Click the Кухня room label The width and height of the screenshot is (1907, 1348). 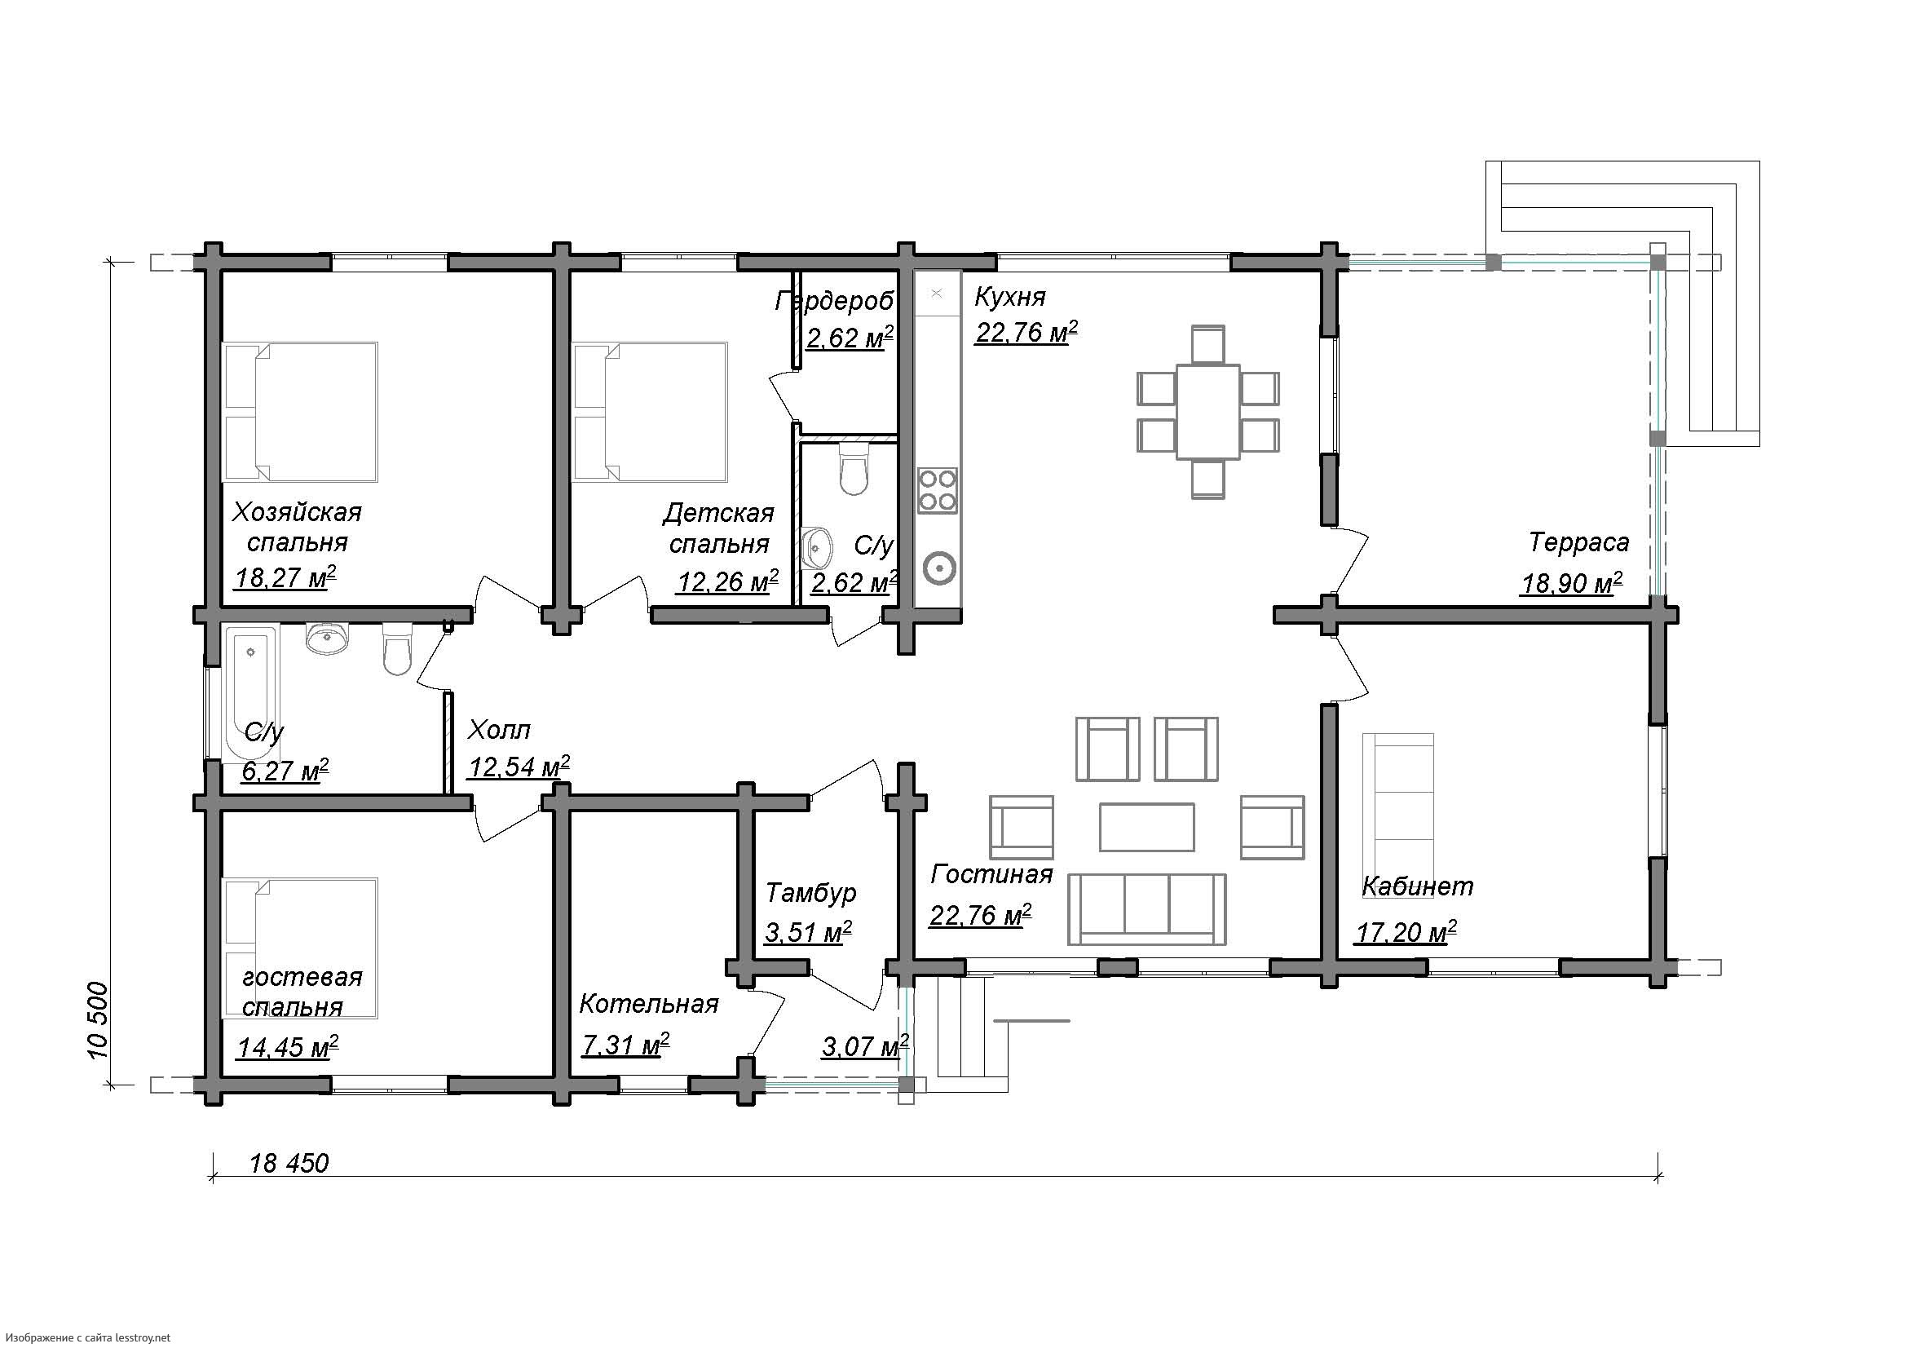(x=1010, y=297)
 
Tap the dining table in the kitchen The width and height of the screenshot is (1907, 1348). (x=1207, y=411)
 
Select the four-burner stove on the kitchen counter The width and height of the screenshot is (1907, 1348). (x=937, y=490)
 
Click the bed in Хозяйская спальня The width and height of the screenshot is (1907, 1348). (x=301, y=412)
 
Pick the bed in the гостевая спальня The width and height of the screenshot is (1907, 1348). (x=301, y=948)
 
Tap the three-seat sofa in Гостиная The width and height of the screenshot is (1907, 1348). (x=1146, y=909)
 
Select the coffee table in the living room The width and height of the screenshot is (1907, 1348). (x=1147, y=827)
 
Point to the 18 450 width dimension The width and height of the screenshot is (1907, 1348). (x=289, y=1164)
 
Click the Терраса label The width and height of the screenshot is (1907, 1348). (x=1579, y=542)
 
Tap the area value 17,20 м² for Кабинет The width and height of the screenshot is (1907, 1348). (x=1406, y=933)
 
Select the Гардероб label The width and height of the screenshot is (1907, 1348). (x=835, y=301)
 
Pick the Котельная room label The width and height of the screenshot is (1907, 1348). (x=649, y=1004)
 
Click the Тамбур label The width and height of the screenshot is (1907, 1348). (x=810, y=893)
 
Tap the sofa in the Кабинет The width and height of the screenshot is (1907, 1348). (x=1398, y=804)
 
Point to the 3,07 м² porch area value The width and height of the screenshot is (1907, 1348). (x=864, y=1045)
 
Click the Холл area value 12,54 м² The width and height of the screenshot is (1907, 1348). (x=519, y=766)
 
